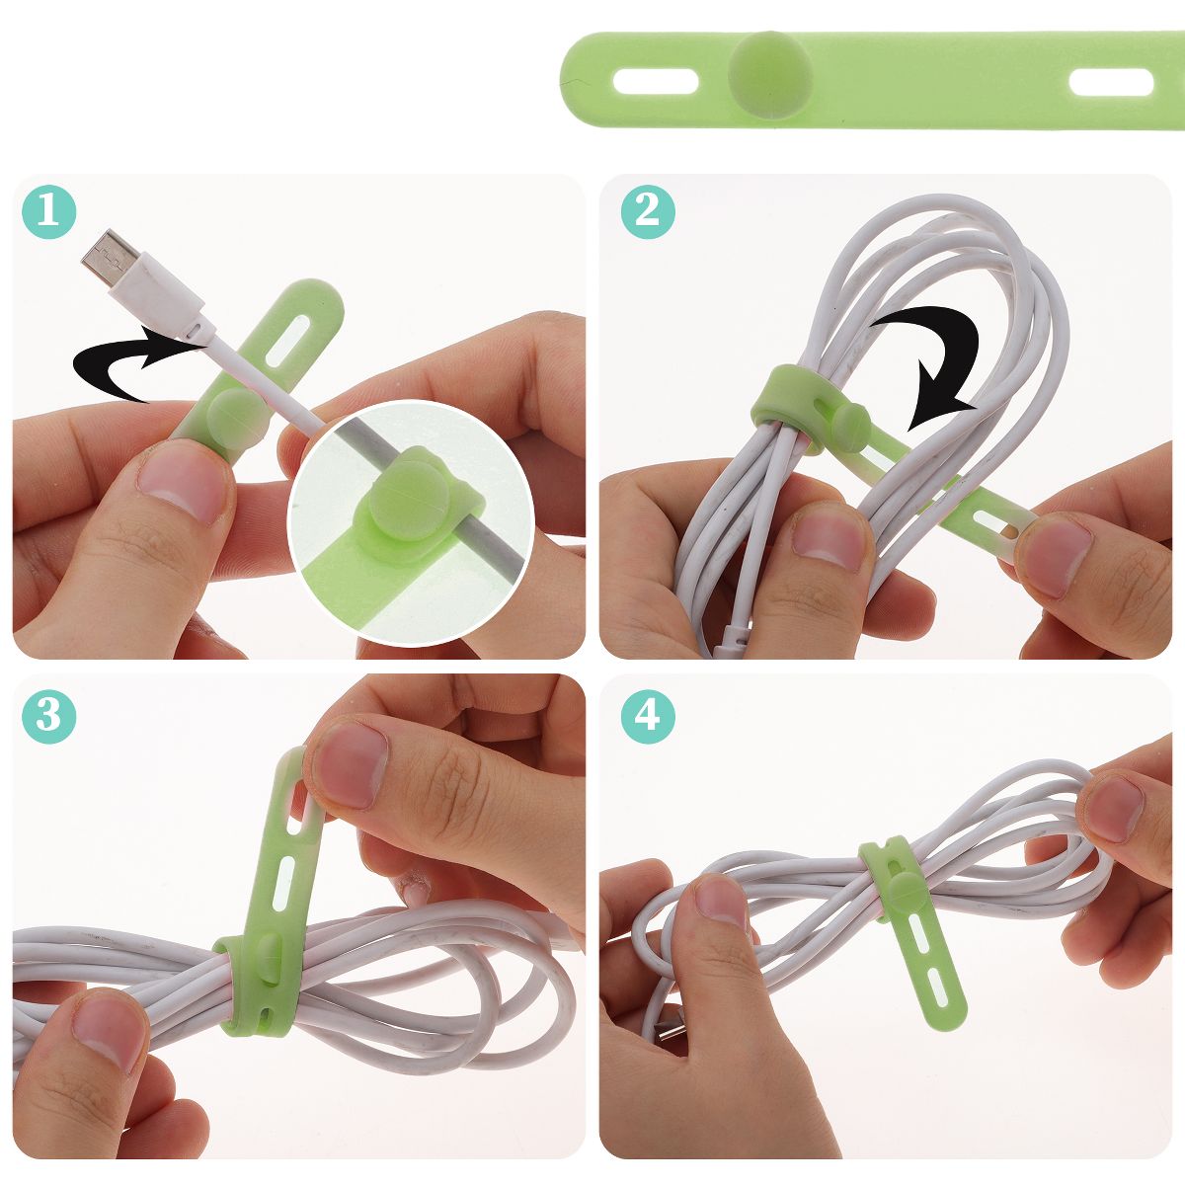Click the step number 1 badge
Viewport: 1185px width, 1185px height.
tap(49, 212)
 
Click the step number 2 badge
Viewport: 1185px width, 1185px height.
tap(648, 211)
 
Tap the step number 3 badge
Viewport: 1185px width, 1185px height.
tap(49, 715)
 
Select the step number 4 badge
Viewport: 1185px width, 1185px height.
tap(648, 715)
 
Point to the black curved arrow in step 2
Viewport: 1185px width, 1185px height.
tap(941, 356)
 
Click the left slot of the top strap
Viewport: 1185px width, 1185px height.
tap(656, 82)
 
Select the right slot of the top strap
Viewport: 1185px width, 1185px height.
tap(1111, 82)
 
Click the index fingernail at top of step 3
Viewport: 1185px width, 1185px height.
tap(351, 765)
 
